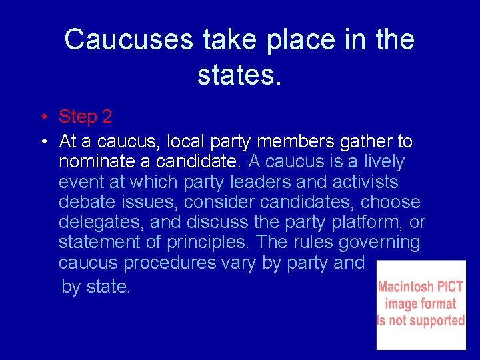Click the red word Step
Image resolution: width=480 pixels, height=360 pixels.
[x=78, y=117]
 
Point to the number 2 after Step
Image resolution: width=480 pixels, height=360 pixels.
[x=107, y=117]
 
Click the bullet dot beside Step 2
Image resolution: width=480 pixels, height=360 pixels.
[x=42, y=118]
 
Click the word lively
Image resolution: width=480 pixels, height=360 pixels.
[x=379, y=162]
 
